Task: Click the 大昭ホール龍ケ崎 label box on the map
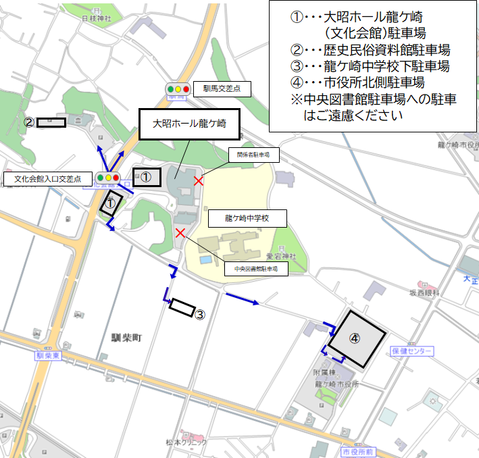(x=188, y=124)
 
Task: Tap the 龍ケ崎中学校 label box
(x=247, y=219)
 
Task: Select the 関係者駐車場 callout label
(x=253, y=155)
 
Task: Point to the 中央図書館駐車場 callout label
(x=256, y=269)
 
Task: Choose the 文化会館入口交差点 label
(x=47, y=179)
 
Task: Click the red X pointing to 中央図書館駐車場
(x=180, y=233)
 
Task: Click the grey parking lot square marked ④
(x=356, y=338)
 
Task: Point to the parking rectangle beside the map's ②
(x=51, y=122)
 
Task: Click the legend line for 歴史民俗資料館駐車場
(x=370, y=49)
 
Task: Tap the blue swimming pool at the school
(x=205, y=260)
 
